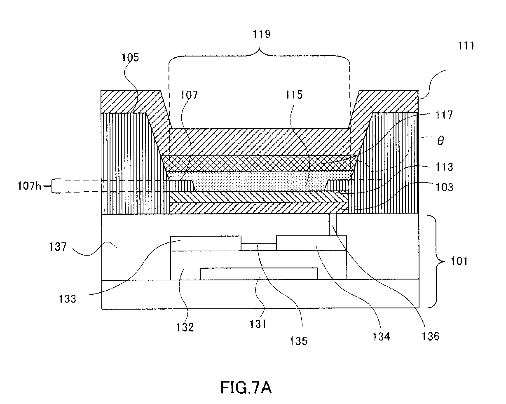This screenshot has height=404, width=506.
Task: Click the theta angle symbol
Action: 440,141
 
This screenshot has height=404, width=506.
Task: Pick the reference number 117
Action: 444,115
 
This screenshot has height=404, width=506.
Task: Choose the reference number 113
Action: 445,167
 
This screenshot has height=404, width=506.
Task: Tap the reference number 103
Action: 445,188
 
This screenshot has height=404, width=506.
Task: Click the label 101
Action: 459,261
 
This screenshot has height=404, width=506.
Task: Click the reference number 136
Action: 431,336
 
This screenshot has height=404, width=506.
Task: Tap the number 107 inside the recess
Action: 189,95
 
